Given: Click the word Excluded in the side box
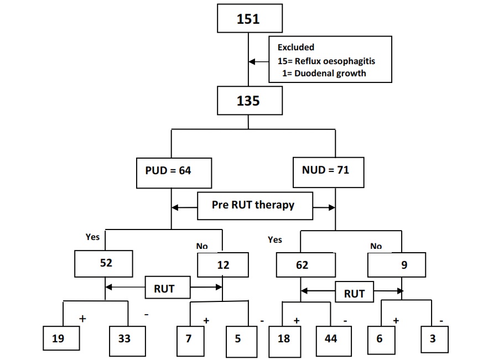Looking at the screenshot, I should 296,48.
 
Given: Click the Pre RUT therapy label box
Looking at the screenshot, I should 253,205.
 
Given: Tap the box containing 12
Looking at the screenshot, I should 222,265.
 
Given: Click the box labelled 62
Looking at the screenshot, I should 302,265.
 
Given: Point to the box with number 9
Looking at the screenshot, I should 397,265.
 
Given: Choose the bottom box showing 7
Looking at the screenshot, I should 189,338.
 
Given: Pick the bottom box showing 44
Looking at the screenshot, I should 331,338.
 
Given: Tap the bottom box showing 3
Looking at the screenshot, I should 433,338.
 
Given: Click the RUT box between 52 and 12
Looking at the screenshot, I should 164,288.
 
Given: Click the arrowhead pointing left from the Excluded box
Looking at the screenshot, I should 252,61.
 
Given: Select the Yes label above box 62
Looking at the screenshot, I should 274,239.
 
